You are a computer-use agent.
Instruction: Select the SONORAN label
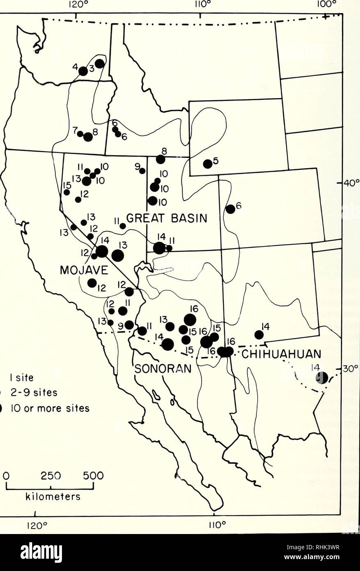pyautogui.click(x=163, y=368)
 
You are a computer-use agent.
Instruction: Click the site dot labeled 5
pyautogui.click(x=208, y=163)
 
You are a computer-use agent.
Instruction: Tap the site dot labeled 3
pyautogui.click(x=100, y=64)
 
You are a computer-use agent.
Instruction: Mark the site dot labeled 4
pyautogui.click(x=83, y=71)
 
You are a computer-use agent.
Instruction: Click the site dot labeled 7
pyautogui.click(x=80, y=134)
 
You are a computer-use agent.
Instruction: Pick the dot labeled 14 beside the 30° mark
pyautogui.click(x=322, y=378)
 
